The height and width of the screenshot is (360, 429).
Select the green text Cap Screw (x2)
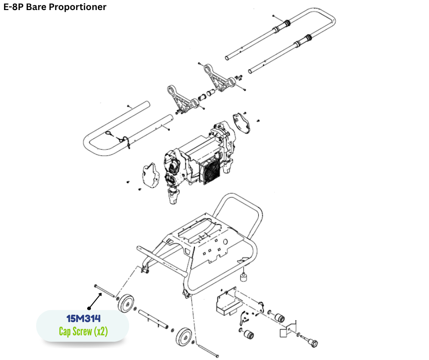pos(83,331)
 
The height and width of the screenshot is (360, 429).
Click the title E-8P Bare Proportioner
pos(55,7)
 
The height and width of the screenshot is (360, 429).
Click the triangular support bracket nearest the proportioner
pos(181,99)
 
